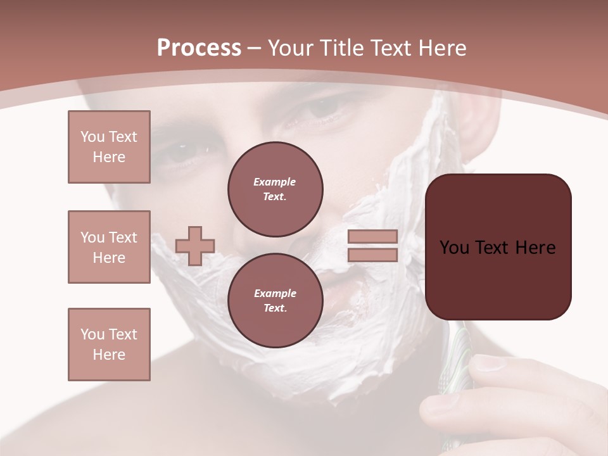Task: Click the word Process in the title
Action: pos(199,48)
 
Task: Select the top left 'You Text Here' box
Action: pos(109,147)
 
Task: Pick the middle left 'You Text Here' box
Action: pos(109,247)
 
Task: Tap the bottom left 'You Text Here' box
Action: pos(109,345)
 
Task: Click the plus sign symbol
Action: pos(195,246)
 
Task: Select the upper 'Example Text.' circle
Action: pos(275,189)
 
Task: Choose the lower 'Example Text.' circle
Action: pos(275,301)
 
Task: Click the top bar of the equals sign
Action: pos(372,237)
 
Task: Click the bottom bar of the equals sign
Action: pos(372,255)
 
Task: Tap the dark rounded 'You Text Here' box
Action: pos(498,247)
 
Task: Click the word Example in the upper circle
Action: pos(275,182)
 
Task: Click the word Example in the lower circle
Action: pos(275,293)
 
